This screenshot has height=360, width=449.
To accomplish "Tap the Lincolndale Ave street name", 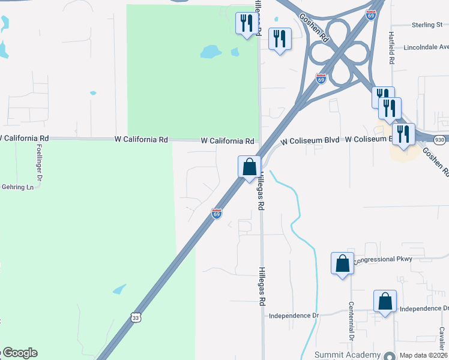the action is [x=426, y=47].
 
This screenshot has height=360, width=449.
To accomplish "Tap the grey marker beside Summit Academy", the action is [x=390, y=355].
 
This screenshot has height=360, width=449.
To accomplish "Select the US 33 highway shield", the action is [x=136, y=316].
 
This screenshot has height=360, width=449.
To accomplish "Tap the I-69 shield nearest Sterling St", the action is [x=372, y=14].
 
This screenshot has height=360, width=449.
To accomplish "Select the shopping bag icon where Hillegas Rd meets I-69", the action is [x=249, y=166].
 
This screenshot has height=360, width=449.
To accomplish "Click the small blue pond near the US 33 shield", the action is [x=119, y=289].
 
